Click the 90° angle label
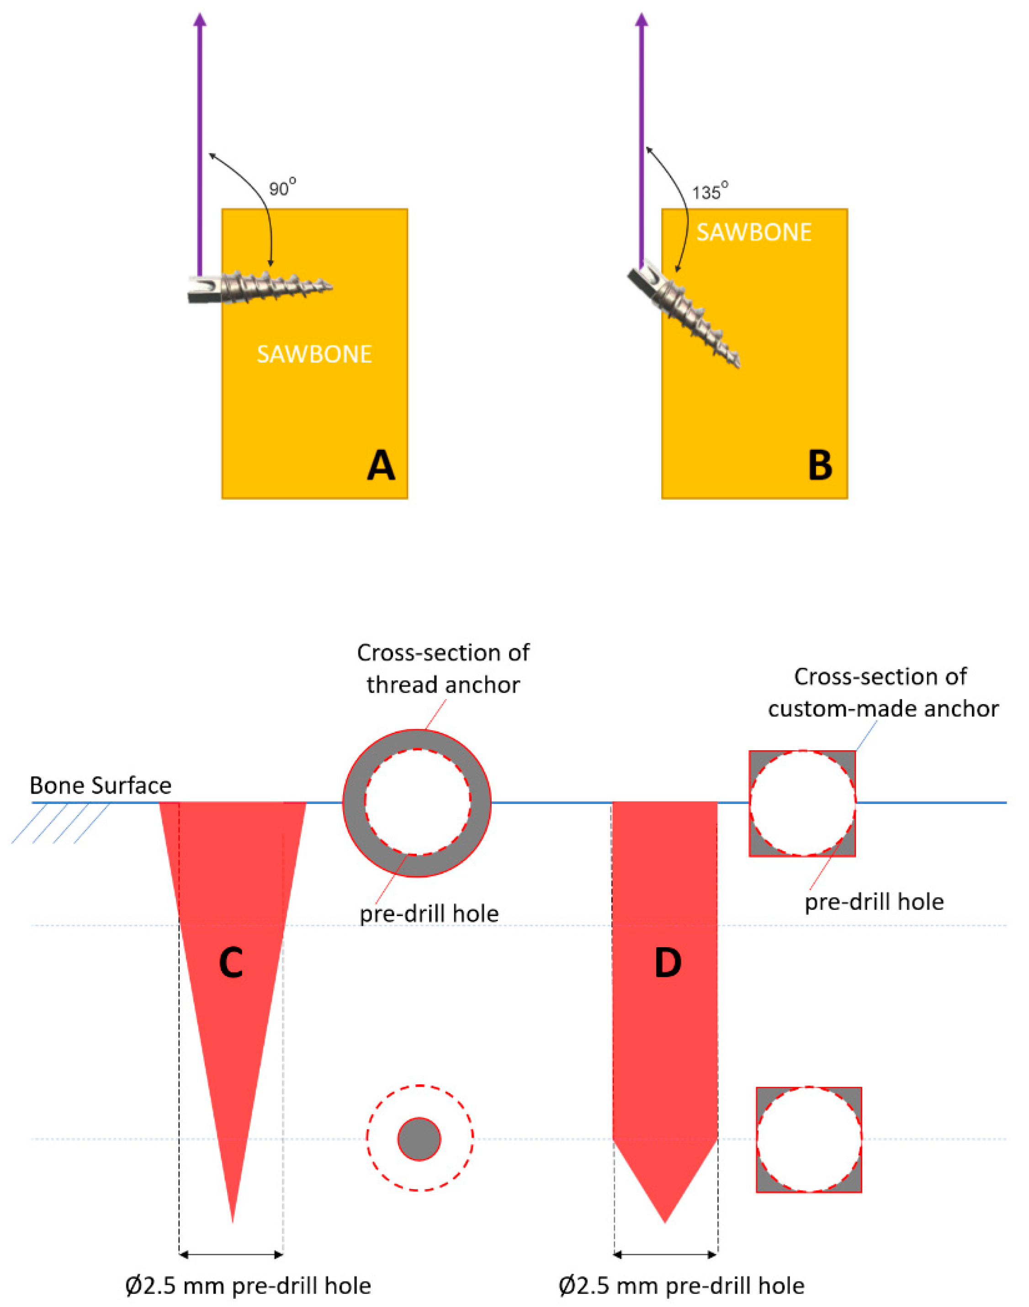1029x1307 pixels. (x=282, y=188)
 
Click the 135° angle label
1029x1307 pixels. (x=709, y=192)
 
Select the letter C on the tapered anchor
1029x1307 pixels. (x=231, y=963)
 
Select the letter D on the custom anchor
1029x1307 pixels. (x=668, y=963)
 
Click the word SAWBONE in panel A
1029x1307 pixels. (x=314, y=354)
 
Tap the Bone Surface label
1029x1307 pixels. (x=101, y=786)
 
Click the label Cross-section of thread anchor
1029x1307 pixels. (x=443, y=669)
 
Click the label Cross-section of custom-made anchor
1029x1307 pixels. (x=883, y=693)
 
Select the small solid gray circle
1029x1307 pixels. (x=419, y=1139)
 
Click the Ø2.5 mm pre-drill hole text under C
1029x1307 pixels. (x=248, y=1286)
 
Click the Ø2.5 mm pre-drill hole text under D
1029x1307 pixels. (x=681, y=1286)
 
